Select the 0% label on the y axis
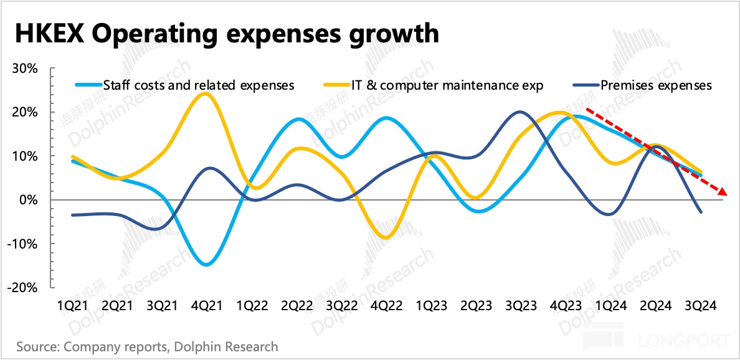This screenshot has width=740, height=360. click(29, 200)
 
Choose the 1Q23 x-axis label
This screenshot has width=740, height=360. click(432, 306)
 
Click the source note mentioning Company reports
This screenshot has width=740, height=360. click(147, 346)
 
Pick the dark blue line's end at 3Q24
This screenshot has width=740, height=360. click(702, 212)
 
